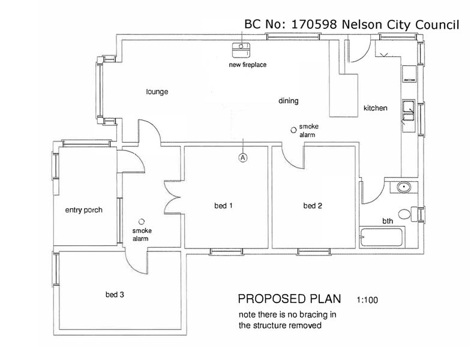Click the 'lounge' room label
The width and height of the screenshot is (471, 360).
[x=157, y=92]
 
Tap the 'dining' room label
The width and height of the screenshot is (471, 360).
[x=288, y=101]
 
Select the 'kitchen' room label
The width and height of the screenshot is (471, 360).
[x=376, y=109]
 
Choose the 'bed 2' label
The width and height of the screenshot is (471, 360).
[x=313, y=206]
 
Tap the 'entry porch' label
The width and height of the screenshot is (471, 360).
[x=83, y=210]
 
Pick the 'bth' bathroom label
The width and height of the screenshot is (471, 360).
[x=388, y=221]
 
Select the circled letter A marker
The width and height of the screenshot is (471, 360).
[x=242, y=157]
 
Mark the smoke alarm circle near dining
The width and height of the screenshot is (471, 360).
[x=293, y=128]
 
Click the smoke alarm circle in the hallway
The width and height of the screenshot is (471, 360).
[x=142, y=221]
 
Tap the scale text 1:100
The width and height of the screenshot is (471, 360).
[x=367, y=299]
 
